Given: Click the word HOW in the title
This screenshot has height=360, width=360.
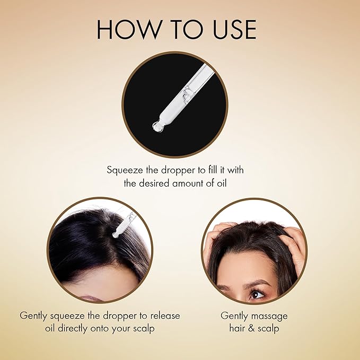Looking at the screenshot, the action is pos(128,29).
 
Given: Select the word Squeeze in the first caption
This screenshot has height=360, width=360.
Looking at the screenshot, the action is pos(125,171).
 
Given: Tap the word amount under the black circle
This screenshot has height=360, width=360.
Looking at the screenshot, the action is pos(188,183).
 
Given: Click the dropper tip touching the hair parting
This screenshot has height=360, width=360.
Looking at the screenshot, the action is pos(116,235).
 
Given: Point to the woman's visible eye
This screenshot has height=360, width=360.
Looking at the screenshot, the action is pos(257,294).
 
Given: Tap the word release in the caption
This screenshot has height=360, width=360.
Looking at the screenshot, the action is pos(165,315).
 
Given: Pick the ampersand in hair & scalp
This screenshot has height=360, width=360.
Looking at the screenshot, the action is pos(251,328).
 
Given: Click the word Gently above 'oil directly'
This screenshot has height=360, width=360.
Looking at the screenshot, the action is pos(33,316).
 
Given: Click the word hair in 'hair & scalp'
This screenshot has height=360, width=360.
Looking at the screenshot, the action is pos(237,328).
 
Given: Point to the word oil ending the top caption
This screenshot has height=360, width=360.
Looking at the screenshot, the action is pos(222,183).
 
